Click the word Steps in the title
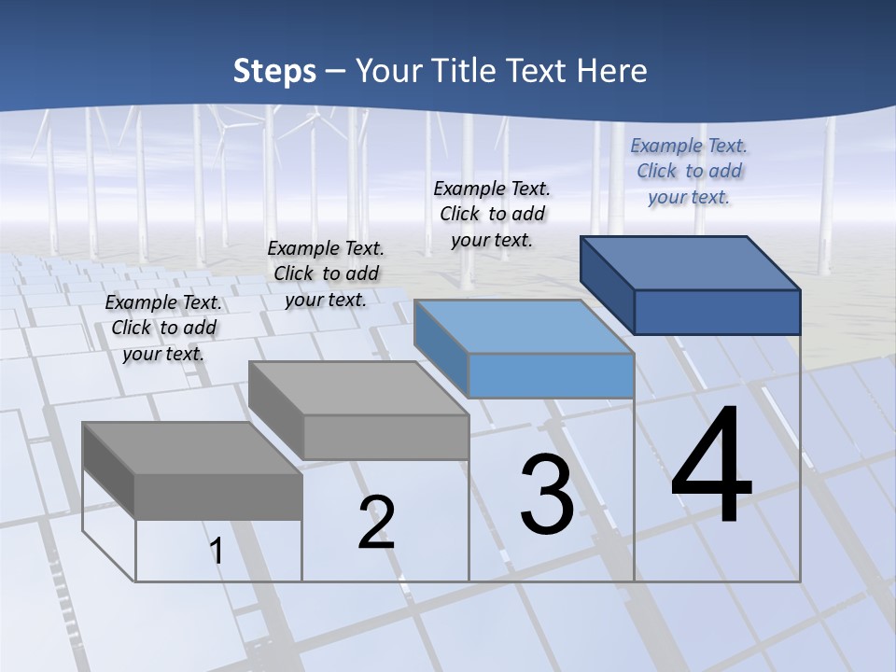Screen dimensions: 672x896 click(x=274, y=71)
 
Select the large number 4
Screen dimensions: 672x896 click(x=711, y=467)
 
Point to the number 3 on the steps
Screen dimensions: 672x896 click(x=547, y=496)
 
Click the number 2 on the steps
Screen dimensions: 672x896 click(x=376, y=522)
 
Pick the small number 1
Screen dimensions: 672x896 click(x=217, y=552)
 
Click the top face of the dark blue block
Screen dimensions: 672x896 click(x=691, y=263)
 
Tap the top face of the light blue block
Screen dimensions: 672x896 click(x=524, y=327)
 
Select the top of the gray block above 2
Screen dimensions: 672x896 click(x=358, y=388)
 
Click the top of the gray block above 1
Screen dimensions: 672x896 click(x=192, y=449)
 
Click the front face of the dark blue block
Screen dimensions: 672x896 click(x=717, y=312)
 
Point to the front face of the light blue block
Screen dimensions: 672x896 click(x=551, y=375)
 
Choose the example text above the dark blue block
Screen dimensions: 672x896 click(x=689, y=171)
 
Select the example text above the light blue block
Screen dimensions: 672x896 click(x=492, y=214)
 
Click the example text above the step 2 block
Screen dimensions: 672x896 click(x=326, y=273)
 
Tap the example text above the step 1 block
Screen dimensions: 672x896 click(x=163, y=328)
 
